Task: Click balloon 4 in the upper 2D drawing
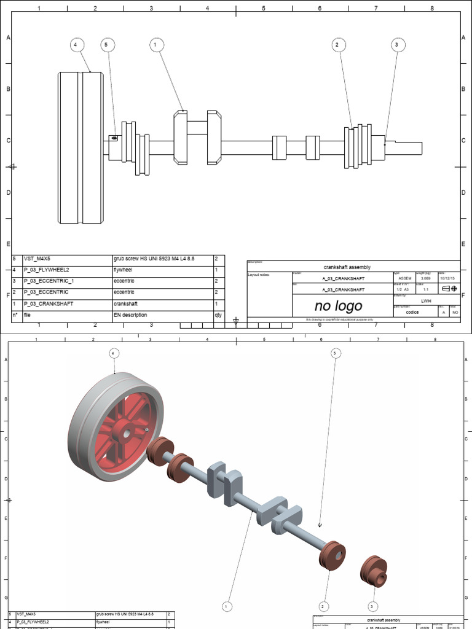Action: pyautogui.click(x=76, y=45)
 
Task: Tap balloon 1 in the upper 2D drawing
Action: pyautogui.click(x=155, y=45)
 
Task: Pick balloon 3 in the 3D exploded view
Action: pyautogui.click(x=372, y=606)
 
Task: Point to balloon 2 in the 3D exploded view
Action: pyautogui.click(x=323, y=606)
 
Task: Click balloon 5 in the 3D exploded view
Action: pyautogui.click(x=335, y=353)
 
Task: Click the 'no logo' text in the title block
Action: pyautogui.click(x=338, y=306)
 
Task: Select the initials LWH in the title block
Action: pyautogui.click(x=426, y=301)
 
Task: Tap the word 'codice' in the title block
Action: pyautogui.click(x=412, y=312)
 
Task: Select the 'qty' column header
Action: pyautogui.click(x=218, y=315)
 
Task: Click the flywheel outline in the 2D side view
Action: pyautogui.click(x=81, y=147)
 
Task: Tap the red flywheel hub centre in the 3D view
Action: pyautogui.click(x=127, y=434)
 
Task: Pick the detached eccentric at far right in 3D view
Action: pyautogui.click(x=372, y=571)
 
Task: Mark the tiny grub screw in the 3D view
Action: pyautogui.click(x=320, y=525)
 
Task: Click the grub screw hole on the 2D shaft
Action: pyautogui.click(x=114, y=138)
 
